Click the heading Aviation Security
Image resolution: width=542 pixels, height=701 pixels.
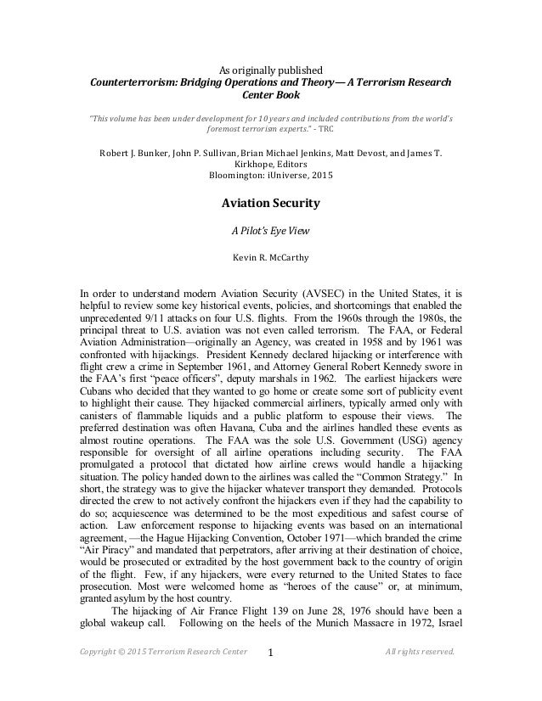click(271, 204)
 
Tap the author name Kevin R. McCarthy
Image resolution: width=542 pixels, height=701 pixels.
click(271, 255)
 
